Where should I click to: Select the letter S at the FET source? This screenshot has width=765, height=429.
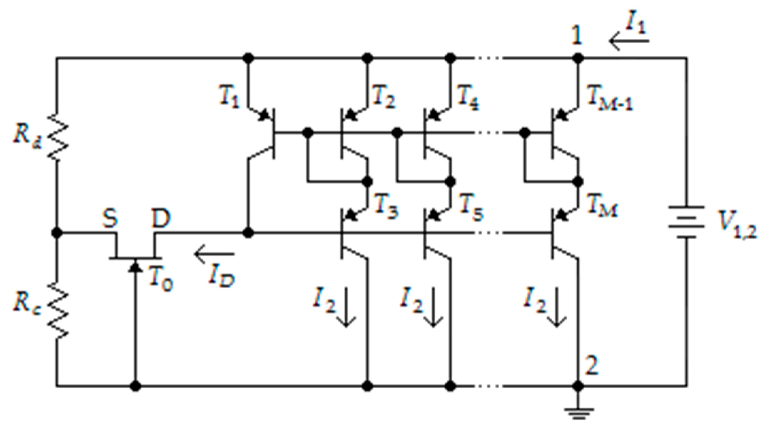(x=110, y=218)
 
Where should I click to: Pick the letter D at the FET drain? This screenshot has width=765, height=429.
(x=161, y=218)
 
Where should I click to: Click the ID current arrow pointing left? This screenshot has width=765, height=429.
(x=215, y=254)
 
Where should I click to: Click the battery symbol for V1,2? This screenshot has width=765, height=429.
(x=686, y=222)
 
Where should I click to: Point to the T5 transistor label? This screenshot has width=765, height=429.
(x=471, y=208)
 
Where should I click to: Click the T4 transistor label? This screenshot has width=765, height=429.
(x=468, y=97)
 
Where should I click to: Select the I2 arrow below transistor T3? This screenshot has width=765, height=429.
(x=346, y=308)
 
